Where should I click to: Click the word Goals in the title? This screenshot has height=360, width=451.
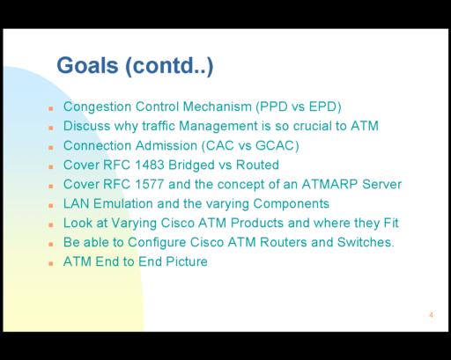[87, 65]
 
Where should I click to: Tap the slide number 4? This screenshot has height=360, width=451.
[431, 315]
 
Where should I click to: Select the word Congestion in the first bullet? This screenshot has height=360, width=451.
[97, 107]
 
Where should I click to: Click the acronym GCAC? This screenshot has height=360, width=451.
[275, 145]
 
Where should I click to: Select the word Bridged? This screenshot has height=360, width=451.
[191, 165]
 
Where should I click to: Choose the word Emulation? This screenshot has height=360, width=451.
[123, 203]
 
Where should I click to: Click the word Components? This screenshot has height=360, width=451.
[291, 204]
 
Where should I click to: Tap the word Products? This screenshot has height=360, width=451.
[257, 223]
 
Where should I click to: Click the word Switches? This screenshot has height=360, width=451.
[365, 242]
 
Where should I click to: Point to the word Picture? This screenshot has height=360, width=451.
[187, 261]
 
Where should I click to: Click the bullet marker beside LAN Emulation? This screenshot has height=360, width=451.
[51, 205]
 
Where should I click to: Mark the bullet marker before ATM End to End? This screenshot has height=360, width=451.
[51, 263]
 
